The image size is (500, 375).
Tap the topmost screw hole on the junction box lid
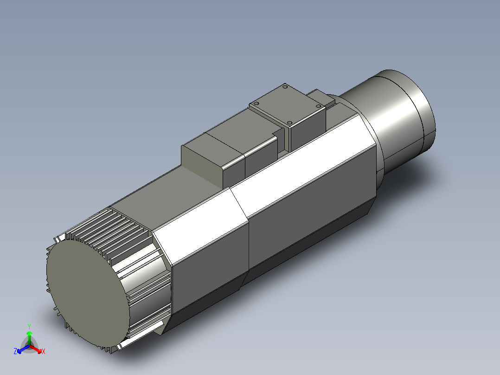[285, 87]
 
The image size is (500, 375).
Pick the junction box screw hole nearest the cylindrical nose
[318, 106]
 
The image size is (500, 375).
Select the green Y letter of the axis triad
[29, 326]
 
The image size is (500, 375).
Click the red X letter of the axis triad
[43, 352]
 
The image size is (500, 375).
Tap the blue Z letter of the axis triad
[15, 351]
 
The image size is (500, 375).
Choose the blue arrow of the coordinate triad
[21, 349]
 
